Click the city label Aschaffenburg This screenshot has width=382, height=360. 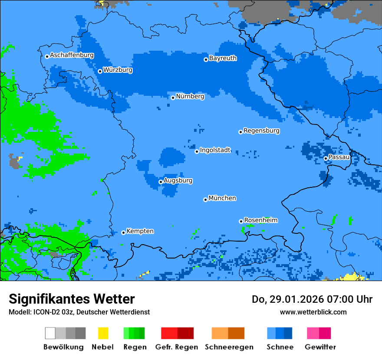pos(72,55)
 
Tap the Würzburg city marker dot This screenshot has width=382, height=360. pos(100,71)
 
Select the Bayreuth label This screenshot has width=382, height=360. pos(223,58)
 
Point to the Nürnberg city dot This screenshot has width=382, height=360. pos(173,98)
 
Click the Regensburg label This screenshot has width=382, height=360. pos(261,131)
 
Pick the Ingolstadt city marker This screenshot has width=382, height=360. pos(197,151)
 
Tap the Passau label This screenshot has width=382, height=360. pos(339,157)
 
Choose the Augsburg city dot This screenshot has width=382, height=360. pos(161,182)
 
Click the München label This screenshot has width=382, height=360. pos(222,198)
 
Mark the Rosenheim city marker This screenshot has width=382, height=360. pos(241,221)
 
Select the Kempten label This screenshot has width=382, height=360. pos(140,231)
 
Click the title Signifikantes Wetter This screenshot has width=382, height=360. pos(72,299)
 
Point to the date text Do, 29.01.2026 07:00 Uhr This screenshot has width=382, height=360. pos(312,299)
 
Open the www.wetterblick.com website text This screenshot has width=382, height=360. pos(313,312)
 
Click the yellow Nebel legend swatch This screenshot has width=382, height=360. pos(103,333)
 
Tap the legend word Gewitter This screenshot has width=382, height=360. pos(320,347)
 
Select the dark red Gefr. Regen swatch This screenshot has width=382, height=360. pos(185,333)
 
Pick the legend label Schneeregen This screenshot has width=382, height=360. pos(229,347)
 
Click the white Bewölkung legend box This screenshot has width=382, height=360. pos(50,333)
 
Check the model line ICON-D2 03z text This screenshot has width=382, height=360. pos(79,312)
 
